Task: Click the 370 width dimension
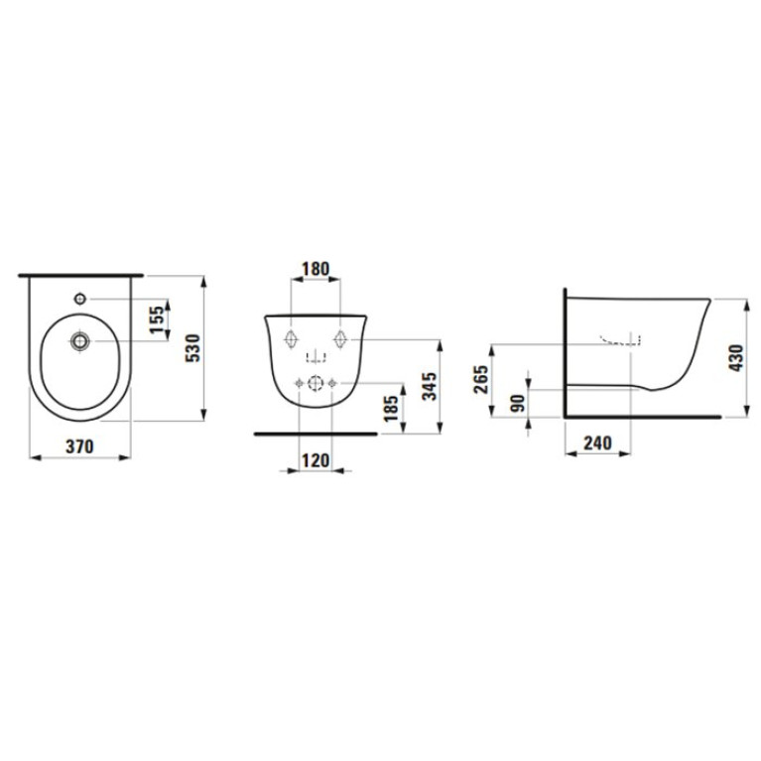[79, 446]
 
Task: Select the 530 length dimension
[193, 348]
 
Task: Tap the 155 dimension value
[157, 319]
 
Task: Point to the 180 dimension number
[316, 269]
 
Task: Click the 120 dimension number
[316, 460]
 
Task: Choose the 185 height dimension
[391, 408]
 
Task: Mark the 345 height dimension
[429, 386]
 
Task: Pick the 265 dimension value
[480, 380]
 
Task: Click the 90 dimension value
[519, 403]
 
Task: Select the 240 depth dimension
[597, 443]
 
